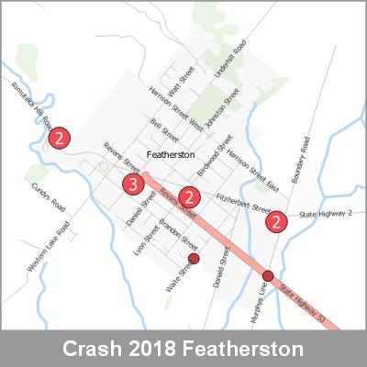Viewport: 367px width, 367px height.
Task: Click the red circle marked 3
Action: click(133, 186)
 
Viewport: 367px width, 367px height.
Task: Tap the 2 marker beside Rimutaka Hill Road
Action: click(59, 139)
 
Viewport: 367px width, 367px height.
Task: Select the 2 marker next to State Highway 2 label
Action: click(275, 221)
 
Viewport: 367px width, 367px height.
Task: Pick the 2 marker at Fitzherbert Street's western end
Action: click(190, 196)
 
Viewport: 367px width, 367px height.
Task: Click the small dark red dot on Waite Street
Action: click(194, 260)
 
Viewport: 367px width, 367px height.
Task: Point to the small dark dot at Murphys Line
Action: click(268, 276)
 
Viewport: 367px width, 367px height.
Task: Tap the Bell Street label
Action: click(166, 126)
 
